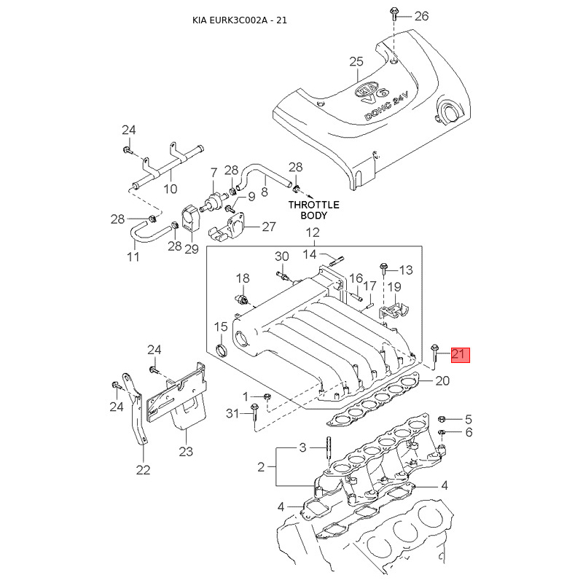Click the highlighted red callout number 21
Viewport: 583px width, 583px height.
coord(460,356)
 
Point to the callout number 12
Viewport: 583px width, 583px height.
coord(313,233)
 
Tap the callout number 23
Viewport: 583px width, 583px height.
coord(186,452)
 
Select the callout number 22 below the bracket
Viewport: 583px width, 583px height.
coord(144,470)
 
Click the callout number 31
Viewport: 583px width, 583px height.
coord(232,414)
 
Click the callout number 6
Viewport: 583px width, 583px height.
coord(468,432)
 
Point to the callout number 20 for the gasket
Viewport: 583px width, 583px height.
coord(443,380)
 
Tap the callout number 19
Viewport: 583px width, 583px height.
coord(394,286)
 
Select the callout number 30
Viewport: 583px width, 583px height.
coord(282,257)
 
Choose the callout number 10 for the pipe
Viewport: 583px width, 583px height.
coord(170,189)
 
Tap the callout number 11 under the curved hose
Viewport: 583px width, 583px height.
coord(133,257)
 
